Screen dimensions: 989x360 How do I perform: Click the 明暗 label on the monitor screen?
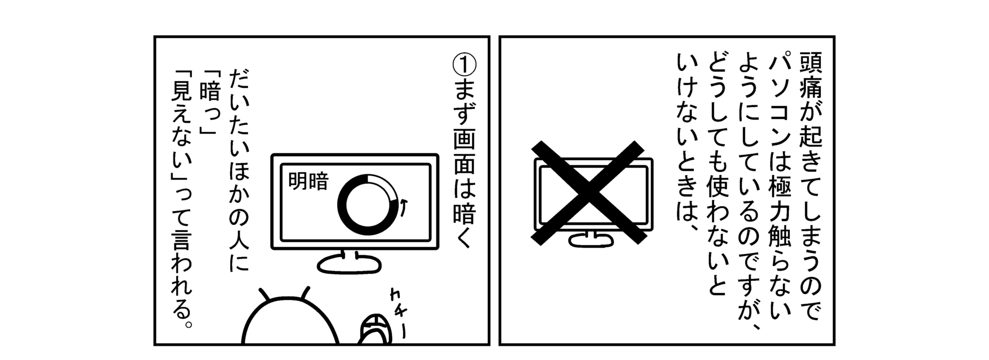(x=308, y=181)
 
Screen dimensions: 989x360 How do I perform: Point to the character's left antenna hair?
(x=266, y=293)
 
